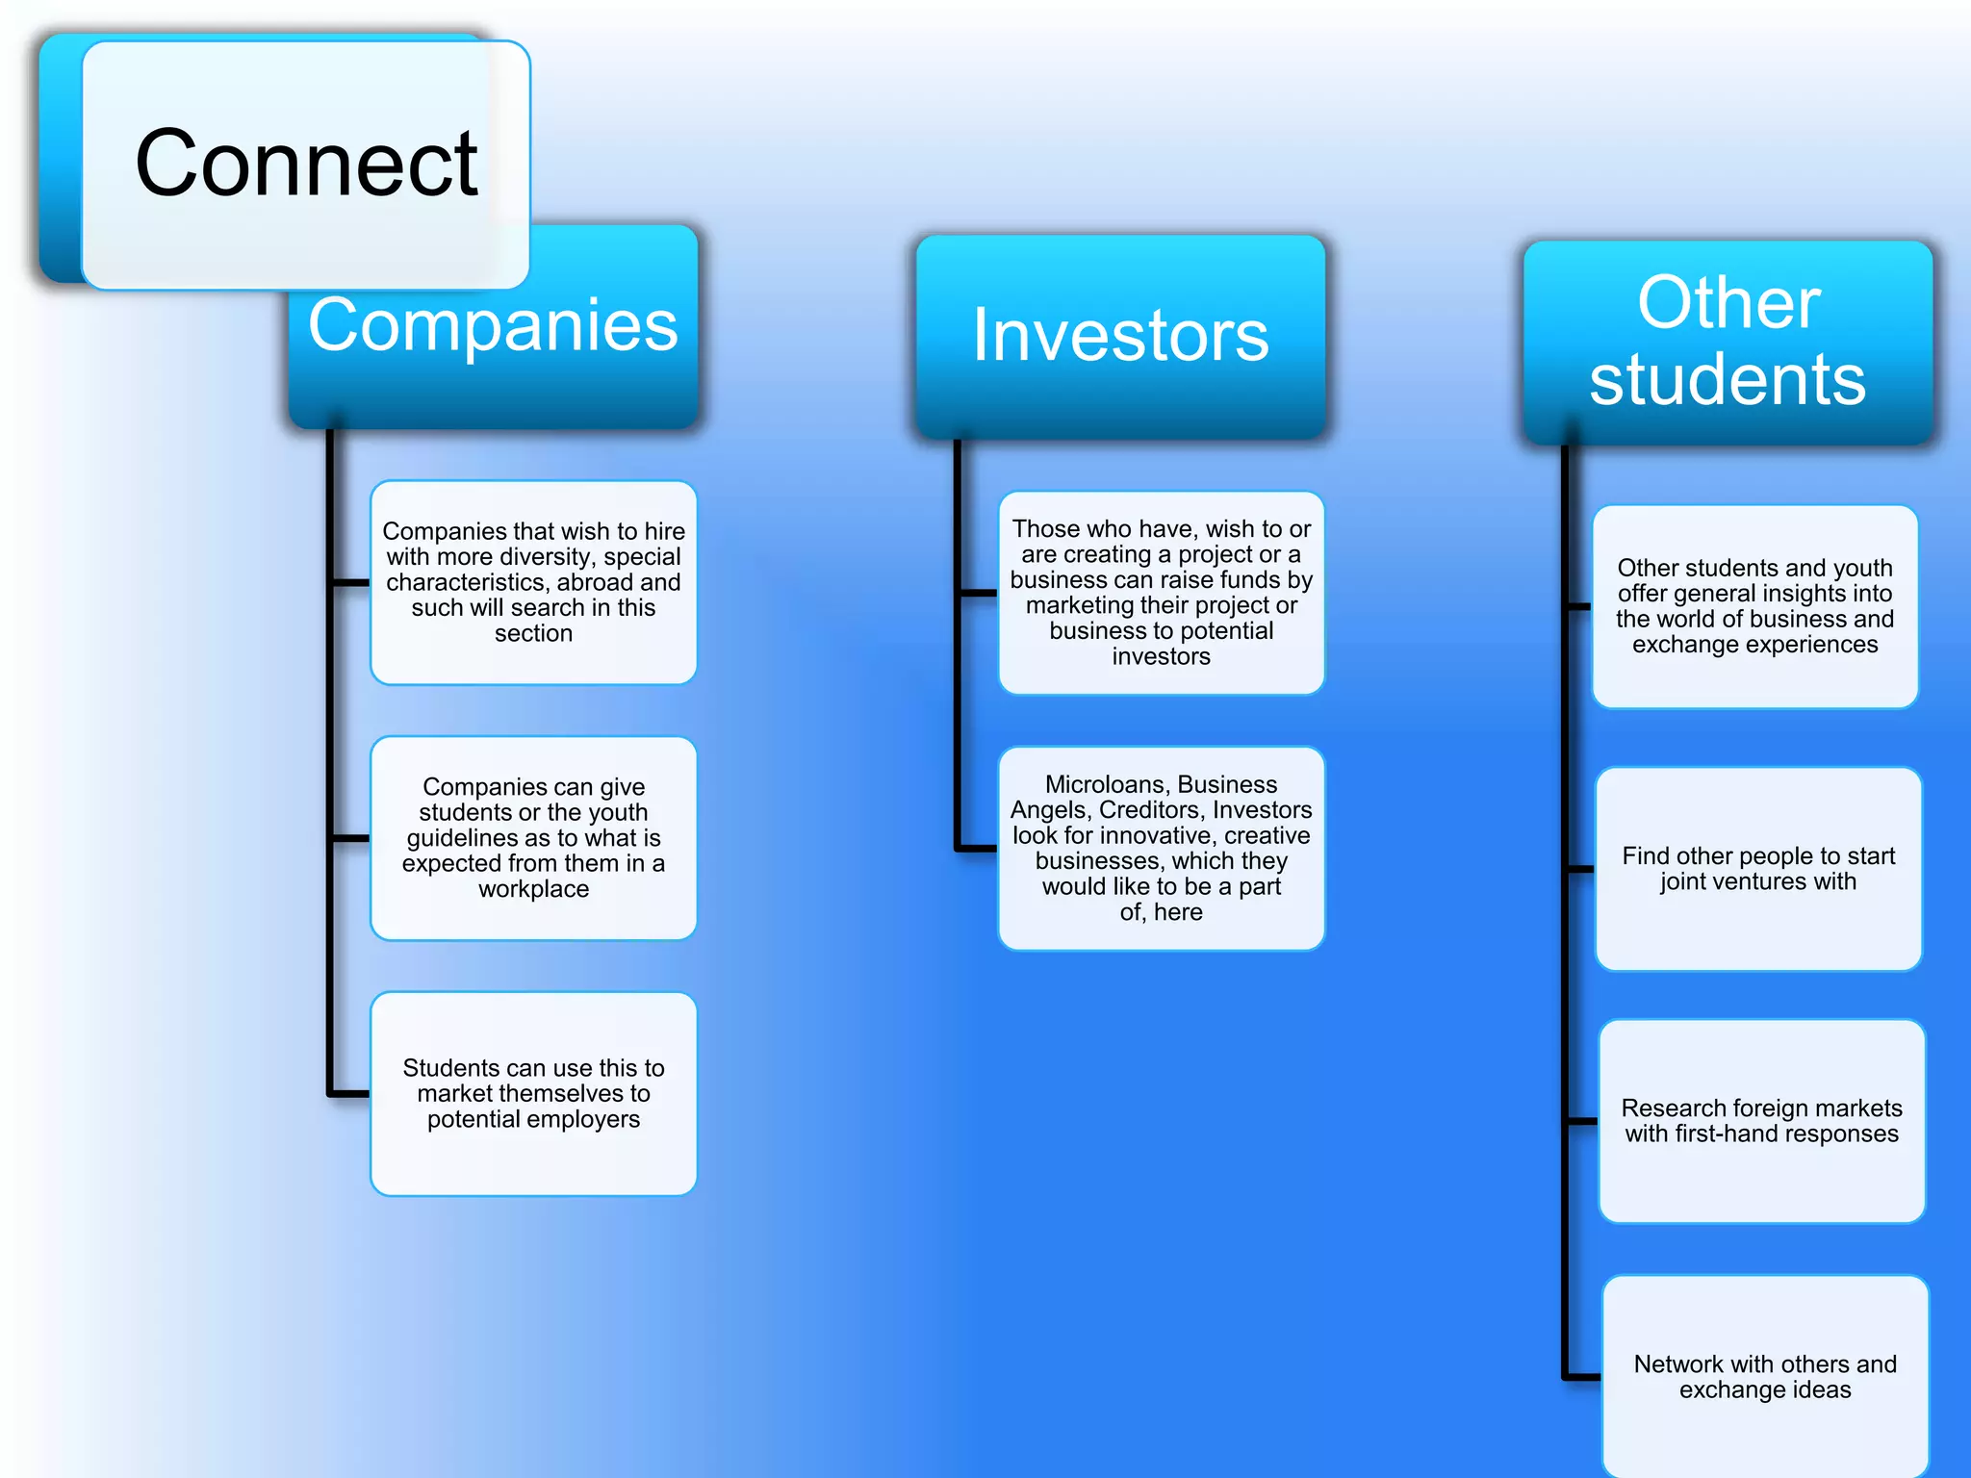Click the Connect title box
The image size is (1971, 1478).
pos(306,165)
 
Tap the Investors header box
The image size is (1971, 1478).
pos(1120,336)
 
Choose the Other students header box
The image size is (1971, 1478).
pos(1728,342)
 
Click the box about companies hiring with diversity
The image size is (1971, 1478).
pos(533,582)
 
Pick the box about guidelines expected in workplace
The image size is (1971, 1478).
pos(533,838)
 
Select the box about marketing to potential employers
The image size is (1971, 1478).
pos(533,1094)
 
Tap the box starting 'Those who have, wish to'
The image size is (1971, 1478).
pos(1161,593)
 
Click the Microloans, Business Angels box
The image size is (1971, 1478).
pos(1161,849)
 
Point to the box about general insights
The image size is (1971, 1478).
pos(1754,606)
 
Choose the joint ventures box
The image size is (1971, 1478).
pos(1758,869)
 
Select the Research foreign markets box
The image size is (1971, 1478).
pos(1761,1121)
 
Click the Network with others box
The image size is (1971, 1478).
pos(1765,1377)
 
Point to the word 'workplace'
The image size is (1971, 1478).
pos(533,889)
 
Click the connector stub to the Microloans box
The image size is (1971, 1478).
pos(978,849)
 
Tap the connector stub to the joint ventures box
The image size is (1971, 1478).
pos(1581,869)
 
